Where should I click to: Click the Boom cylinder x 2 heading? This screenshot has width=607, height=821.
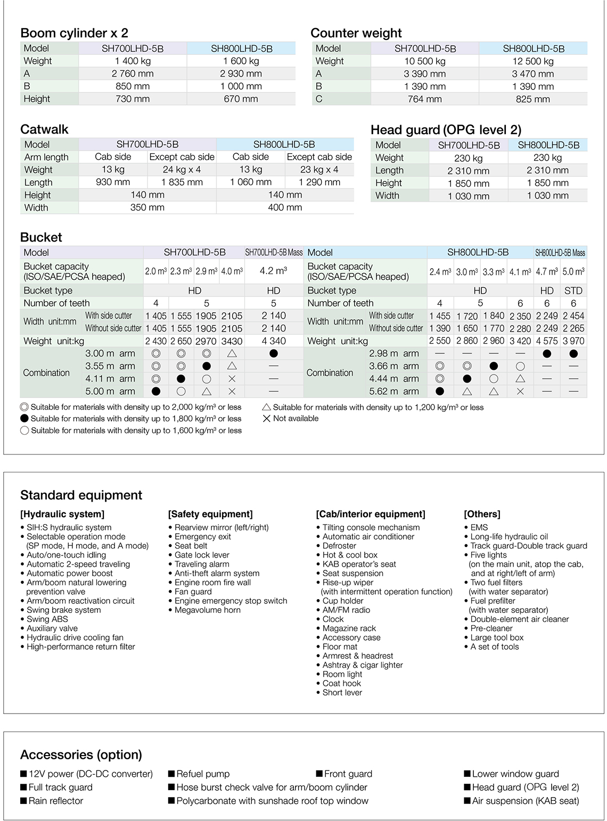tap(74, 33)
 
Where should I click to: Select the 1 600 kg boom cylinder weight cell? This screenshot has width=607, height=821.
tap(241, 61)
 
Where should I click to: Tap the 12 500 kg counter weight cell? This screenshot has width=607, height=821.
tap(532, 61)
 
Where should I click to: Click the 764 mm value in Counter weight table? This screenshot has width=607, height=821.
tap(424, 99)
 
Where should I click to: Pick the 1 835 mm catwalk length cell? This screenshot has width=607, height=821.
tap(182, 183)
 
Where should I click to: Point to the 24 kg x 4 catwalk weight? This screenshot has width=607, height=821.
tap(182, 170)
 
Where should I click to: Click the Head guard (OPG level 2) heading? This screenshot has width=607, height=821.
tap(446, 130)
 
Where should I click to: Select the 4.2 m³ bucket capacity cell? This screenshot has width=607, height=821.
tap(273, 271)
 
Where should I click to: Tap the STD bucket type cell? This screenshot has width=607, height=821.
tap(573, 291)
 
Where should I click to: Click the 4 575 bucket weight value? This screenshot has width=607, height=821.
tap(547, 341)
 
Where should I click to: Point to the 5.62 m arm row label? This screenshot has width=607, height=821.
tap(393, 392)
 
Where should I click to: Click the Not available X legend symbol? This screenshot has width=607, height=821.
tap(267, 419)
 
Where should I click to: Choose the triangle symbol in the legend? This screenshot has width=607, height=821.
tap(267, 407)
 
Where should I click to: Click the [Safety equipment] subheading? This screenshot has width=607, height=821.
tap(210, 514)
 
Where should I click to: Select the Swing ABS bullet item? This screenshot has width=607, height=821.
tap(47, 619)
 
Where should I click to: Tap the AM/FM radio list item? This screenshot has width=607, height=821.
tap(346, 610)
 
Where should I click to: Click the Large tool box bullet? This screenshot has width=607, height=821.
tap(497, 637)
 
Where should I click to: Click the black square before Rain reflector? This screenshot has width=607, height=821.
tap(24, 801)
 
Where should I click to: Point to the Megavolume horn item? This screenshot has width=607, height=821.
tap(208, 610)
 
